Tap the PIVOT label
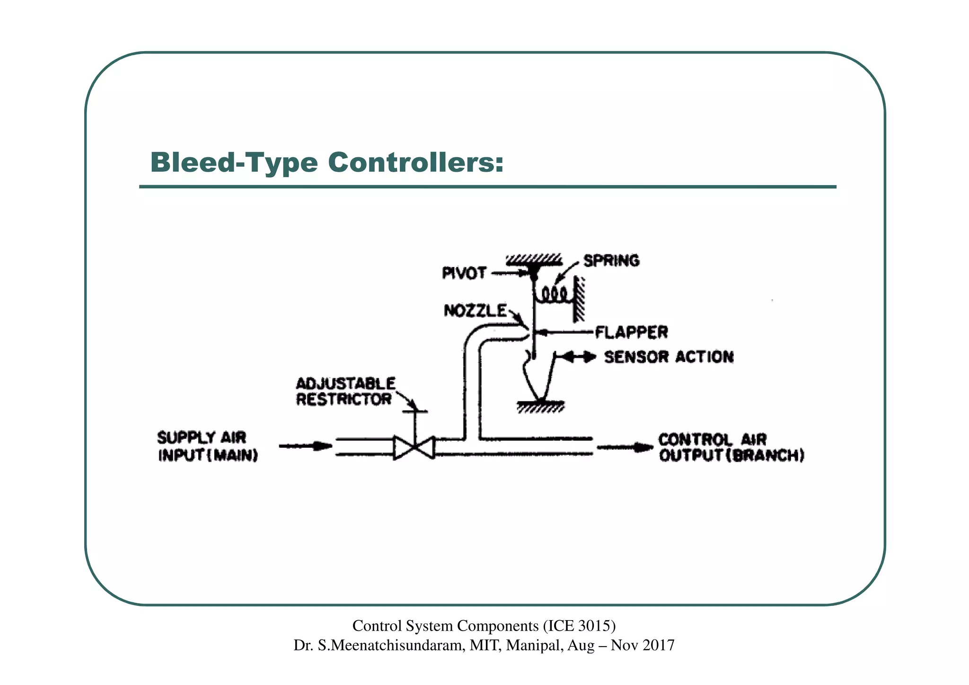coord(464,273)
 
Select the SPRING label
coord(611,261)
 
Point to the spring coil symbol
coord(554,296)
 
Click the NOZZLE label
coord(475,311)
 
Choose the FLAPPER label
coord(631,332)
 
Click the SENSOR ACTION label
coord(669,357)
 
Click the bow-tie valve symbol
coord(414,448)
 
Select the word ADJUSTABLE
coord(346,383)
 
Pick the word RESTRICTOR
coord(344,399)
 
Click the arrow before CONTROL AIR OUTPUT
coord(625,447)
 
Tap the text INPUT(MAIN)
coord(208,455)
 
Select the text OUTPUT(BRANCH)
coord(731,455)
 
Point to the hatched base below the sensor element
coord(540,407)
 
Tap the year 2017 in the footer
coord(658,645)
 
